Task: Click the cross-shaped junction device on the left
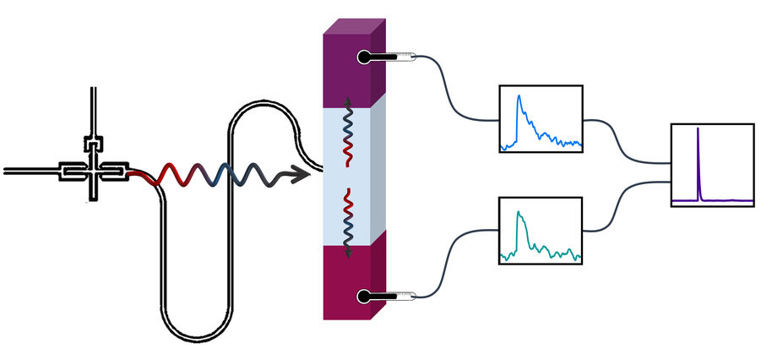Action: tap(92, 170)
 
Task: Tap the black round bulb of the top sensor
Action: tap(363, 57)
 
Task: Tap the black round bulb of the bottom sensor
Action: tap(363, 297)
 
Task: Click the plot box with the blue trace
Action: tap(541, 118)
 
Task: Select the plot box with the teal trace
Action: tap(541, 231)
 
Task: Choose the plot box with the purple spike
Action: tap(712, 165)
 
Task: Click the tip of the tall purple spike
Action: tap(698, 129)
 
